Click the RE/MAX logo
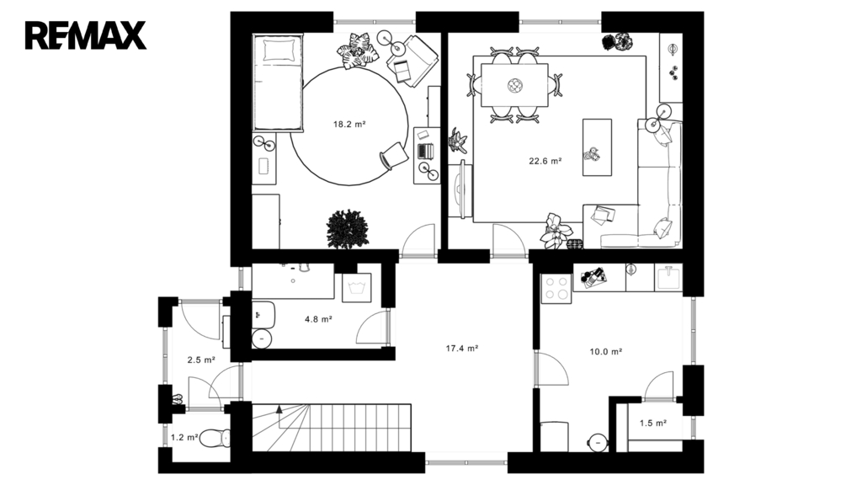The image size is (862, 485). (86, 35)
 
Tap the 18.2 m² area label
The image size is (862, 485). (349, 125)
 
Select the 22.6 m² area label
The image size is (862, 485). (545, 161)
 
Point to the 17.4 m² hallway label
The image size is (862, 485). (462, 348)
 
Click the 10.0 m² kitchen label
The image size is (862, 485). (606, 351)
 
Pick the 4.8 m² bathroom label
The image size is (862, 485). (318, 319)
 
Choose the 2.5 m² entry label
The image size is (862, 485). (201, 360)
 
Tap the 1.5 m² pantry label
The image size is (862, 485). (653, 423)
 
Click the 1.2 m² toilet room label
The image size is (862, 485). (184, 438)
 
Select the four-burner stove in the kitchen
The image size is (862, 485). (556, 288)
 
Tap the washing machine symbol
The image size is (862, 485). (356, 288)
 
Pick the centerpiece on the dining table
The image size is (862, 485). (514, 85)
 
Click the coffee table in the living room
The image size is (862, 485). (597, 147)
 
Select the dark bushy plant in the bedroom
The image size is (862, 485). (347, 229)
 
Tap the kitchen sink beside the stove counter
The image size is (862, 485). (668, 277)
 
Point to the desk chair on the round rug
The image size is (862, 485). (394, 155)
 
